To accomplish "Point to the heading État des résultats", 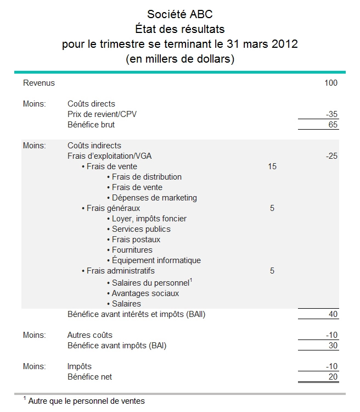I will click(179, 29).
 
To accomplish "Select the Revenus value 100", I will click(331, 83).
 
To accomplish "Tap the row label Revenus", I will click(39, 83).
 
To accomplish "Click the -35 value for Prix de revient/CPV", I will click(331, 114).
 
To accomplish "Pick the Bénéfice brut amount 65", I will click(333, 125).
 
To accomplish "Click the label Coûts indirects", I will click(94, 146).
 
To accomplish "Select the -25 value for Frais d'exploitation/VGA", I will click(331, 156).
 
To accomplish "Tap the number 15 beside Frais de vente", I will click(272, 166).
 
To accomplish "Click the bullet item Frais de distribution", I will click(147, 177).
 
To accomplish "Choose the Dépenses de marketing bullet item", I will click(154, 198).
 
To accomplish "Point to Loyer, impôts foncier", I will click(149, 219).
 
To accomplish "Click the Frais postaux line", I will click(136, 240).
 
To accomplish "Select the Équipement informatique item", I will click(156, 260).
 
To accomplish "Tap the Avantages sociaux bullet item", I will click(145, 293).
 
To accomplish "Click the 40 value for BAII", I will click(333, 314).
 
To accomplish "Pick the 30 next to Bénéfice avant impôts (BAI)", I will click(333, 346).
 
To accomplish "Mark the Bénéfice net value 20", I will click(333, 377).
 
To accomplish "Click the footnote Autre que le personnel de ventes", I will click(86, 401).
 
